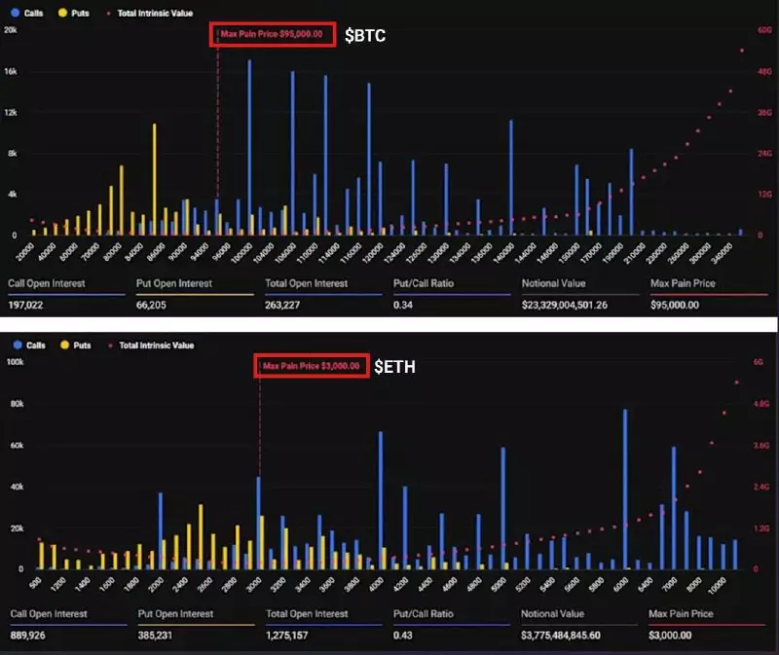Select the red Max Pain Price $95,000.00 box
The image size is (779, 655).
pos(276,34)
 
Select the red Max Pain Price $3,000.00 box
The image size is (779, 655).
pos(312,366)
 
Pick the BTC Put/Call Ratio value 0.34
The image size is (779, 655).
pos(404,304)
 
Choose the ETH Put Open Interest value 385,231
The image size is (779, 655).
pos(161,635)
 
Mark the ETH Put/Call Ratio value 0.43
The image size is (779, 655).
pos(404,635)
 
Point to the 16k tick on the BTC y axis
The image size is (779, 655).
pos(11,71)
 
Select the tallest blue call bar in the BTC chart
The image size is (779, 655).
pos(250,146)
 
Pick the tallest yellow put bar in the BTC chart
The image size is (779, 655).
pos(154,179)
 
